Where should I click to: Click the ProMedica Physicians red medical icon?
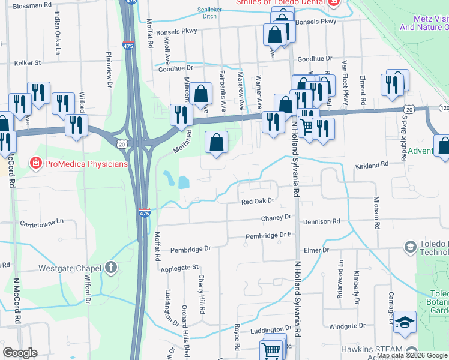pos(35,163)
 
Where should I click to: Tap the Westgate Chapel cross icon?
pos(110,268)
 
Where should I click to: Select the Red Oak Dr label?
pos(257,202)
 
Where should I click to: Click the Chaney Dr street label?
pos(276,217)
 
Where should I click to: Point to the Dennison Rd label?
pos(322,221)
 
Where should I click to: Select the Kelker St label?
pos(28,62)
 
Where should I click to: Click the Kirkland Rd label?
pos(373,164)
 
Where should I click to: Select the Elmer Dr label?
pos(317,250)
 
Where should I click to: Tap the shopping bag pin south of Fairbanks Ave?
pos(217,143)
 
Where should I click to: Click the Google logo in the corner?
pos(20,352)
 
